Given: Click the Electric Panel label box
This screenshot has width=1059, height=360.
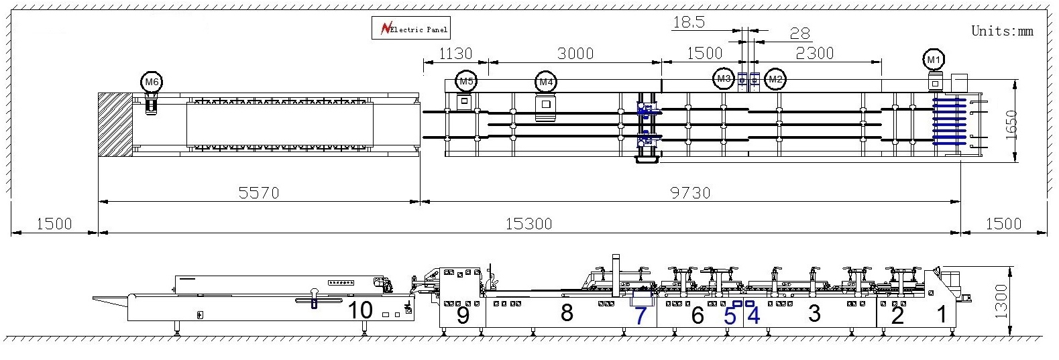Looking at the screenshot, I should coord(410,29).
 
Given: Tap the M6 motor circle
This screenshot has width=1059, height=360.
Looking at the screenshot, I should coord(152,82).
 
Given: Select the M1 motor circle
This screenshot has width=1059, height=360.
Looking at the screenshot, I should coord(933,60).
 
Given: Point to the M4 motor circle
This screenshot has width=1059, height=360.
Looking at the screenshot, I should coord(546,82).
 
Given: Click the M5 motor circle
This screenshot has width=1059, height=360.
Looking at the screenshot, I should coord(465,81).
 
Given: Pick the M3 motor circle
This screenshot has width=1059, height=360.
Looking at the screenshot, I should coord(723,79).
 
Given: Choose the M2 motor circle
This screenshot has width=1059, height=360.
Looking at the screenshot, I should coord(775,79).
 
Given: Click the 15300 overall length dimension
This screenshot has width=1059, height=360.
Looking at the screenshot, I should coord(529,224).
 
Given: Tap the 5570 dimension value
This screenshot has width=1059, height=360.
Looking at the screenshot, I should coord(259,193).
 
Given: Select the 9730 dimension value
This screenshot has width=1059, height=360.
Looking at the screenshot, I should coord(690,193).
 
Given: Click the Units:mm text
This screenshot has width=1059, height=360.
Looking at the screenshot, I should coord(1002,31).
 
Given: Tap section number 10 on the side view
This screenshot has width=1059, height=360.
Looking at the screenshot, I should coord(360,310).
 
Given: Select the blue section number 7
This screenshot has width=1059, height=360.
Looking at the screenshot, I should coord(640,315).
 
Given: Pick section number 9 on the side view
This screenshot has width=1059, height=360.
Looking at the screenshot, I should coord(463,315).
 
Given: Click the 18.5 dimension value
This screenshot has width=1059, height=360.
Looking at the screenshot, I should coord(688,22).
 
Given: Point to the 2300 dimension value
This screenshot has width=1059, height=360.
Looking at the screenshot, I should coord(814,54).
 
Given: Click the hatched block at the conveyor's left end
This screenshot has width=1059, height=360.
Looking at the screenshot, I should coord(115,125).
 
